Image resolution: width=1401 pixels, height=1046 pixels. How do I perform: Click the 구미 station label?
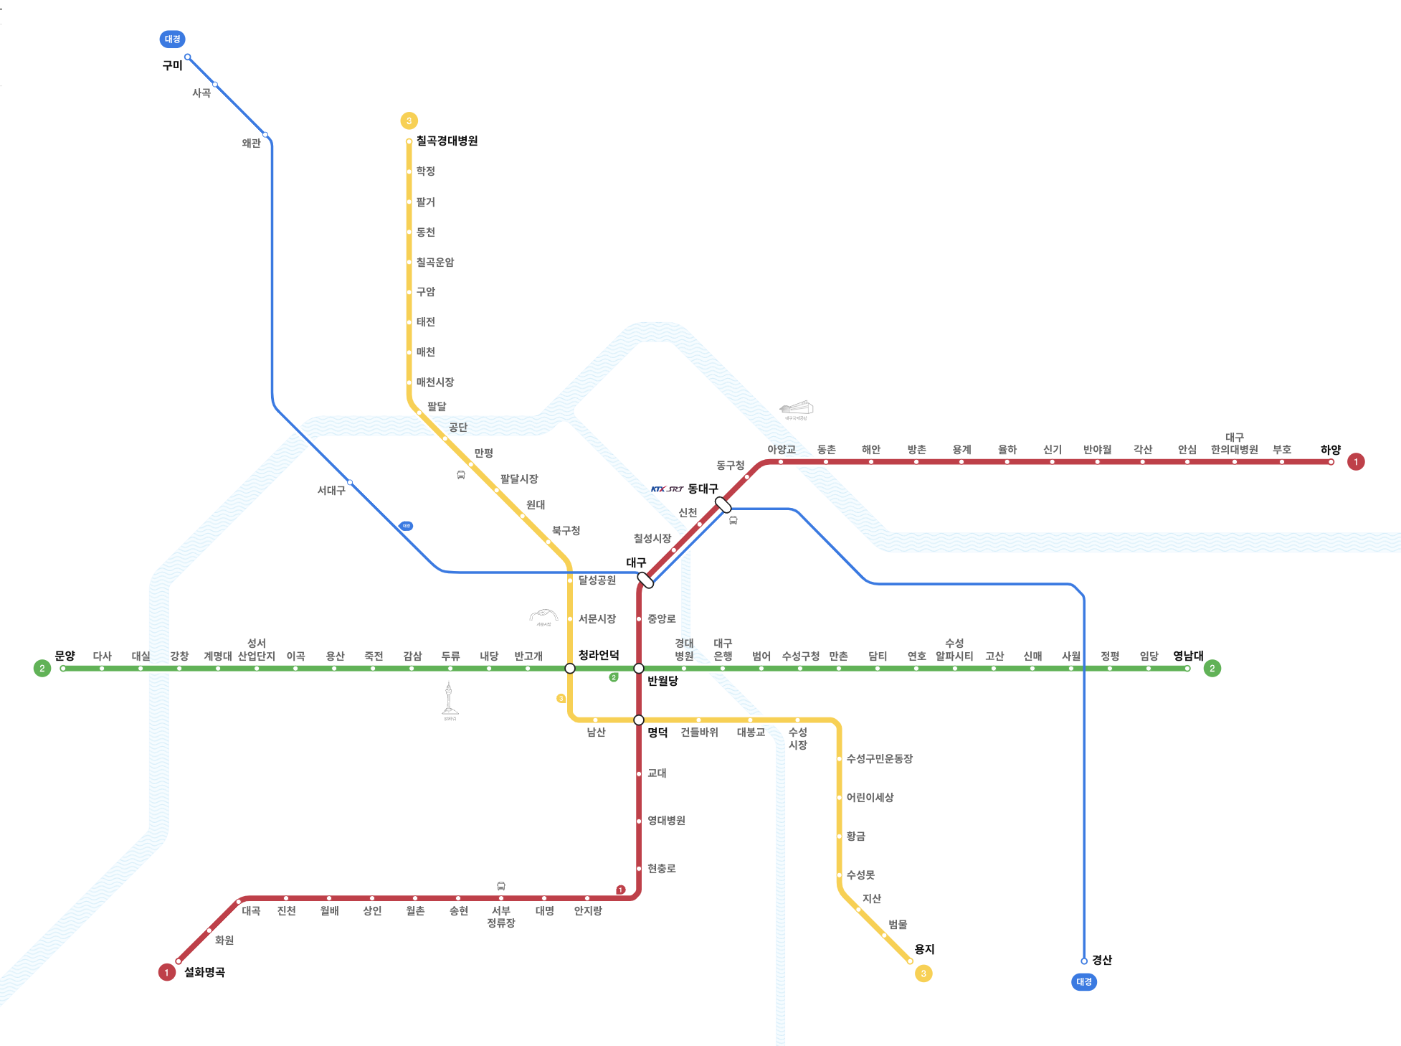(172, 65)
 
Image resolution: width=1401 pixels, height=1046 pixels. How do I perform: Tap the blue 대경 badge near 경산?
(1083, 981)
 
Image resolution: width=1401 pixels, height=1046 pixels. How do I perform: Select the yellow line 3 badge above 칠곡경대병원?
(409, 121)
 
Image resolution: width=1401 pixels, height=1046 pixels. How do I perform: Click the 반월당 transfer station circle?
(639, 669)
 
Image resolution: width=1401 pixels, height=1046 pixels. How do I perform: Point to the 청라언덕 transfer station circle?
(570, 669)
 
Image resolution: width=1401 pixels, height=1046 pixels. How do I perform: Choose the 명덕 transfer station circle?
(639, 720)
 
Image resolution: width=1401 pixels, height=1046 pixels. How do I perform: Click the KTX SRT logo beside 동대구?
(667, 489)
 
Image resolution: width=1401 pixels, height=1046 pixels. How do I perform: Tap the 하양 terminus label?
(1330, 450)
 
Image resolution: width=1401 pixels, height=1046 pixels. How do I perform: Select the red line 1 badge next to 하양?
(1356, 461)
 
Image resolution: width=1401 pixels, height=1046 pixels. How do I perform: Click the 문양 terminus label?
(65, 656)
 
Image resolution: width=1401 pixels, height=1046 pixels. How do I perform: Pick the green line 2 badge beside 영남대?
(1212, 668)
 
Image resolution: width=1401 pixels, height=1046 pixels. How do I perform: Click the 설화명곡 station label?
(204, 972)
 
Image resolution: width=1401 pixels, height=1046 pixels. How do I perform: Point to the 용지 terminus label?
(924, 949)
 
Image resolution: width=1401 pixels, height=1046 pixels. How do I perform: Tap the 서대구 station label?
(331, 491)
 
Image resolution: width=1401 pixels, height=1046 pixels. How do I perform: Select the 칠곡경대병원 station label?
(447, 141)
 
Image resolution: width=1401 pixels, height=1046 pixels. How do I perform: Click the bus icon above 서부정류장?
(501, 886)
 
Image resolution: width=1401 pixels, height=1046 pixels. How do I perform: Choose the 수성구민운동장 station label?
(879, 759)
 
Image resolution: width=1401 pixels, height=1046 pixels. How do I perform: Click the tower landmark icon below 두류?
(450, 699)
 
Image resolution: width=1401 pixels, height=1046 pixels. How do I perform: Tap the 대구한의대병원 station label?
(1234, 444)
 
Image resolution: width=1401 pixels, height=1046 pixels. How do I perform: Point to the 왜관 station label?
(251, 143)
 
